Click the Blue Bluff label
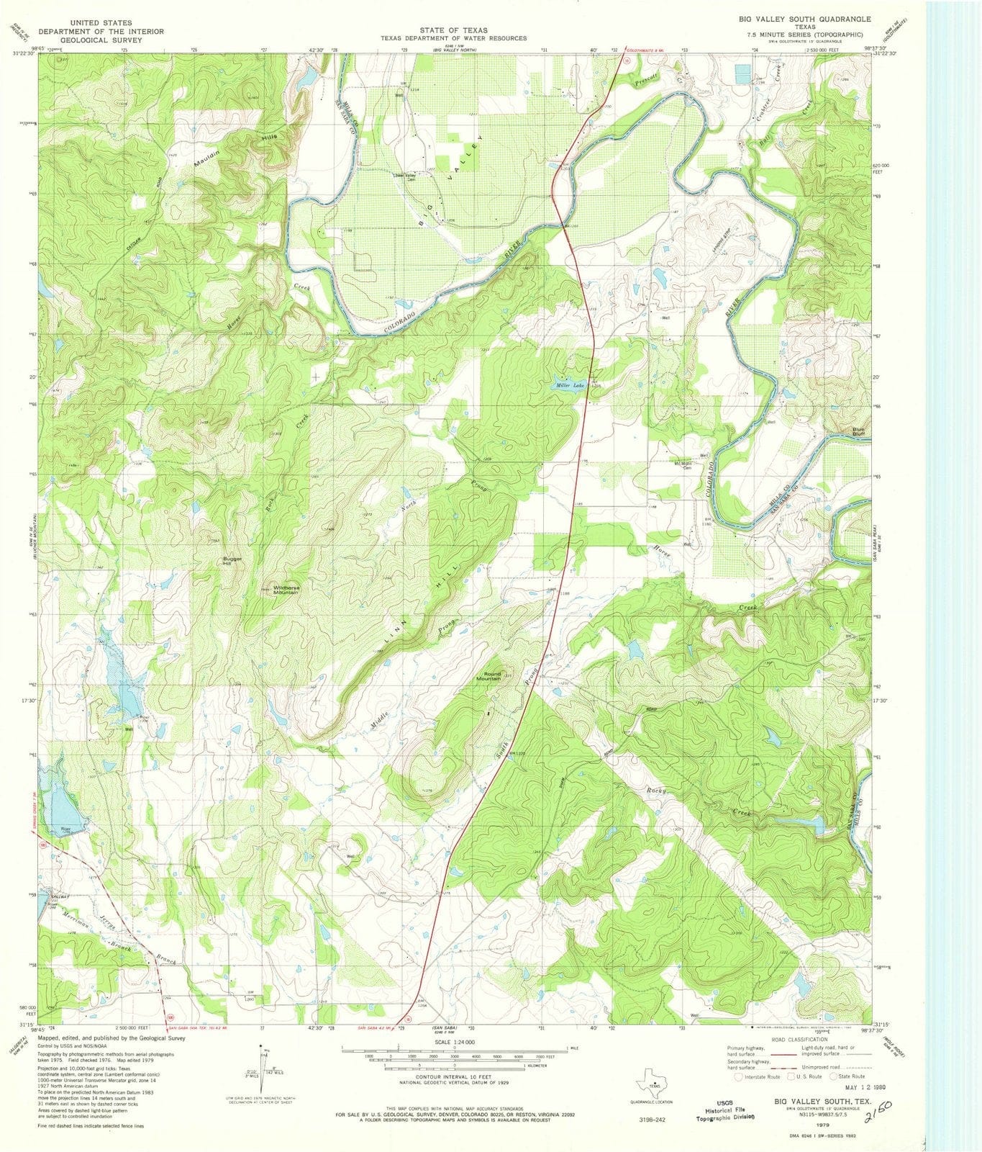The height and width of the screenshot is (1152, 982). [859, 432]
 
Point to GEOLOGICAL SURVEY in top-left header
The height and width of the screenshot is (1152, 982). [101, 41]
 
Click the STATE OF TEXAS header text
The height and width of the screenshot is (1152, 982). [453, 30]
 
